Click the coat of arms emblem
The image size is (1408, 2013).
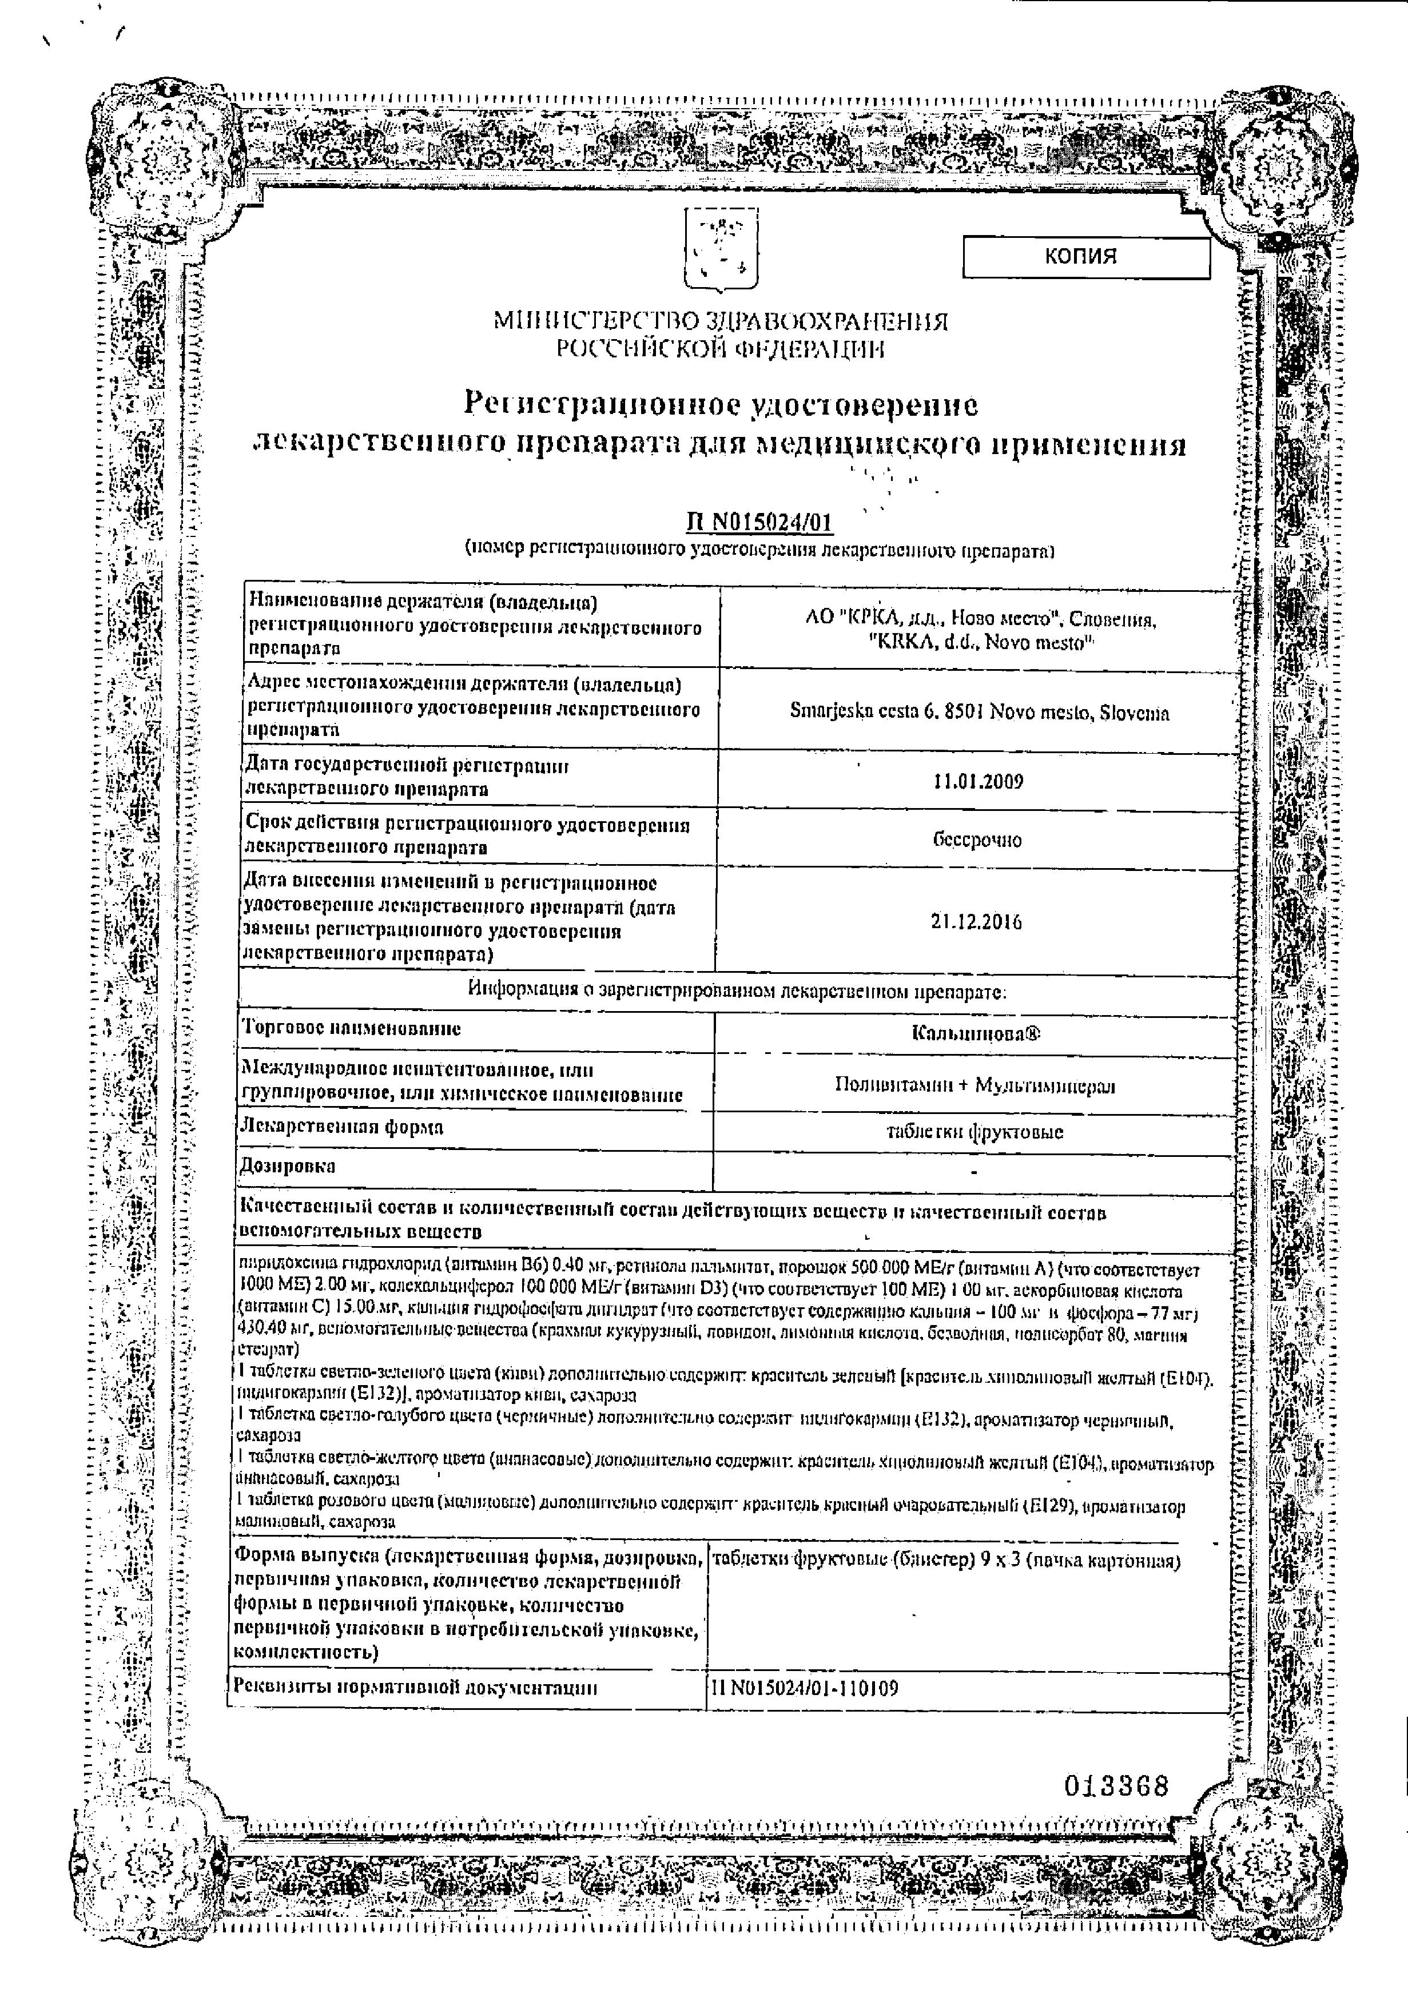pos(720,252)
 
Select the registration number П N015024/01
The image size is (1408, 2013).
pos(759,523)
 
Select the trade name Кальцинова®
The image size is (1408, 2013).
pos(976,1034)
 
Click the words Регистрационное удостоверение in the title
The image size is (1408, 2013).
pos(720,404)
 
